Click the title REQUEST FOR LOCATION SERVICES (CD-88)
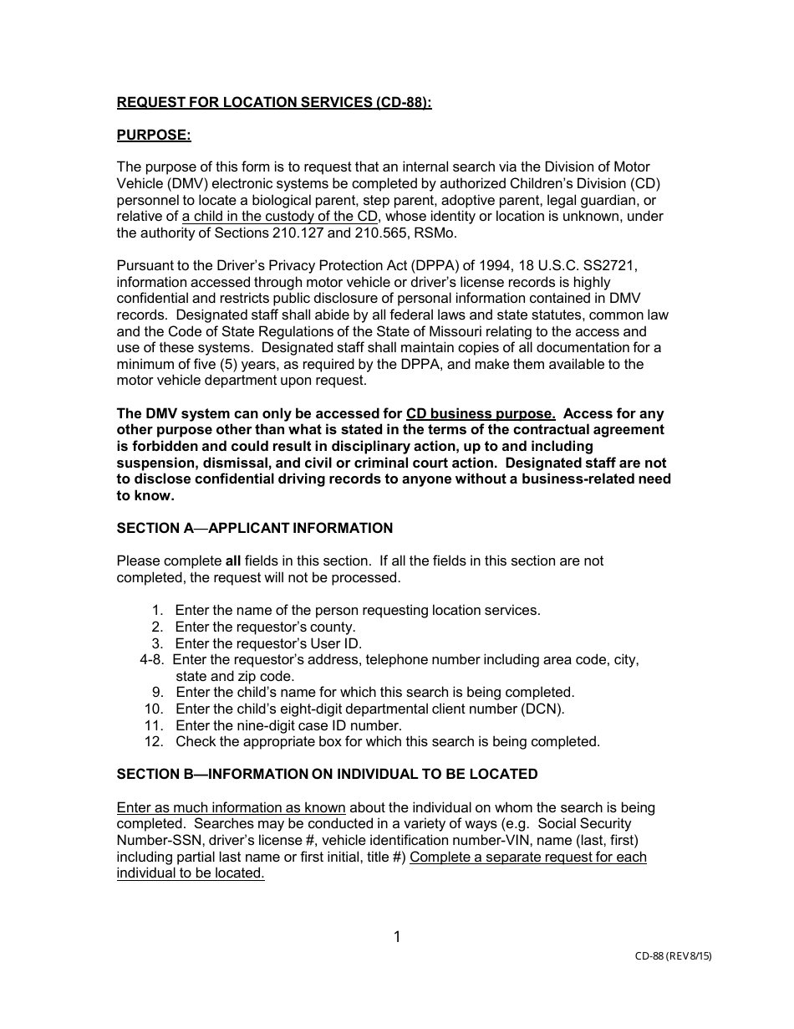(x=274, y=103)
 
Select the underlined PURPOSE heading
(x=154, y=135)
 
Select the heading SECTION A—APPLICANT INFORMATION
(x=255, y=528)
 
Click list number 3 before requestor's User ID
(x=156, y=643)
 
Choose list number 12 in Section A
(x=153, y=741)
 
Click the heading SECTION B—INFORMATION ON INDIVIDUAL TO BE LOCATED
(x=327, y=774)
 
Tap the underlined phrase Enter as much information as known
(x=231, y=807)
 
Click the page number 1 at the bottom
(x=397, y=937)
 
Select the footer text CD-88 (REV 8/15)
(x=673, y=955)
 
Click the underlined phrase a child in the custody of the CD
(x=280, y=217)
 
